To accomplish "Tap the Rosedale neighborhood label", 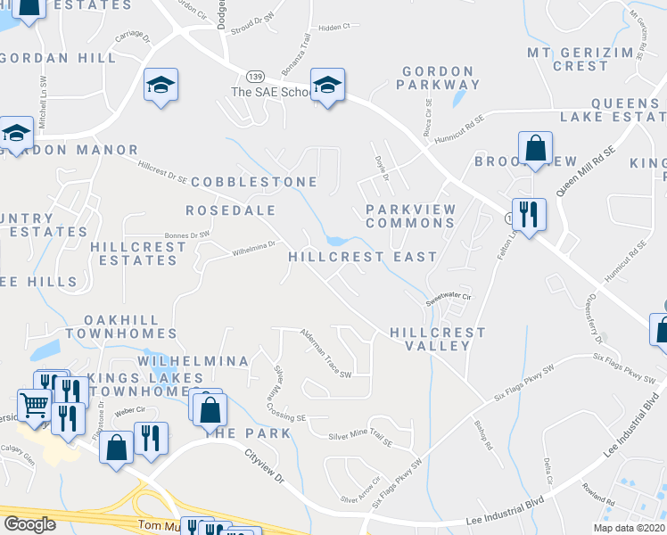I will [230, 210].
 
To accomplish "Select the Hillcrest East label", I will [362, 257].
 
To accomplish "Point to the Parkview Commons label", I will [411, 216].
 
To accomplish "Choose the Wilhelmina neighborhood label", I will [193, 361].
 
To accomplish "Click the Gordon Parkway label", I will [441, 78].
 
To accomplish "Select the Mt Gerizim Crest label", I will [580, 59].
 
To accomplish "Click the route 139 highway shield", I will [256, 79].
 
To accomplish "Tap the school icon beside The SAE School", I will [328, 86].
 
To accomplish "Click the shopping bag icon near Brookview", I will [535, 148].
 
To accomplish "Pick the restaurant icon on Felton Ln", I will [529, 214].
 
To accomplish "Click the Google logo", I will [29, 524].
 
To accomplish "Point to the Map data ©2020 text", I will [629, 528].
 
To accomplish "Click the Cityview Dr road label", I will [264, 466].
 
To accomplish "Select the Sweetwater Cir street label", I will [447, 300].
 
